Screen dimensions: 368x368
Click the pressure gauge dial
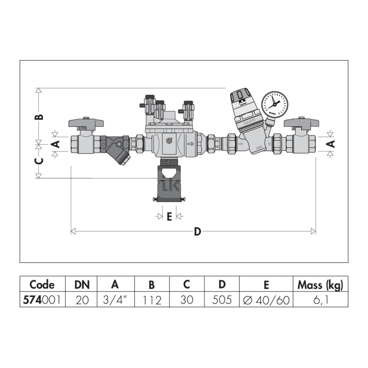click(x=275, y=105)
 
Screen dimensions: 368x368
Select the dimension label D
click(x=197, y=231)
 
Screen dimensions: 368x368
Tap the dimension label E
click(x=169, y=217)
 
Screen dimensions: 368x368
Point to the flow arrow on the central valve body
click(x=191, y=144)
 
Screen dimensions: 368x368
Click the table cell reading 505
click(x=222, y=300)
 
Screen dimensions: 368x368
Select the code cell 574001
click(x=42, y=300)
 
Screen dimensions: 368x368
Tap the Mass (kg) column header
click(x=321, y=285)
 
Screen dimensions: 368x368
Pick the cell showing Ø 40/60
click(x=266, y=300)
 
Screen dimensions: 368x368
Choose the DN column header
click(x=82, y=285)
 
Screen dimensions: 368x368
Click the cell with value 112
click(x=152, y=300)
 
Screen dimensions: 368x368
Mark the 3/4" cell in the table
click(x=116, y=300)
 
